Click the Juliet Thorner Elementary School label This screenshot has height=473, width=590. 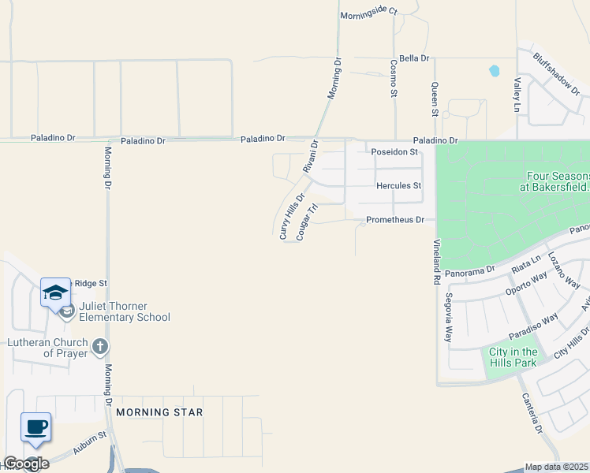tap(125, 311)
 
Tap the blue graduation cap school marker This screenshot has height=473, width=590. tap(56, 293)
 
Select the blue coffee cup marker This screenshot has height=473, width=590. tap(35, 428)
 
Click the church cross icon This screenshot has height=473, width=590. tap(100, 346)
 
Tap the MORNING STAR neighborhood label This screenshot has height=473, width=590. tap(159, 412)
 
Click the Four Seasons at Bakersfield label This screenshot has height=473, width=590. tap(554, 181)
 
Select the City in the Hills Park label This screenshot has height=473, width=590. tap(513, 357)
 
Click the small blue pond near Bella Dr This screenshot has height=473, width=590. tap(495, 70)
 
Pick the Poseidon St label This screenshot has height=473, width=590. tap(396, 152)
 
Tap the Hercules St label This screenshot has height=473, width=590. tap(399, 186)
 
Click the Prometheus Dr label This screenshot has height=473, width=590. tap(395, 220)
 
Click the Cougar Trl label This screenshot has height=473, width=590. tap(307, 222)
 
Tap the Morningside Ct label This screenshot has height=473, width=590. tap(368, 15)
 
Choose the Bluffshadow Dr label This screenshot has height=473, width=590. tap(556, 76)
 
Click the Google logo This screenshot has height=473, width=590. tap(25, 464)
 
